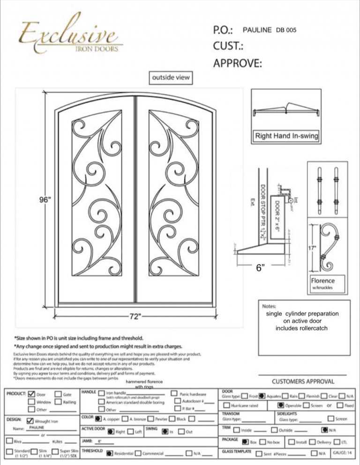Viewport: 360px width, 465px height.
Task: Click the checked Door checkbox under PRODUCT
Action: pyautogui.click(x=32, y=394)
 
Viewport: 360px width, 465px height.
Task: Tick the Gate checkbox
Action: pyautogui.click(x=59, y=394)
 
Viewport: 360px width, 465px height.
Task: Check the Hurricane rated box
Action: pyautogui.click(x=226, y=405)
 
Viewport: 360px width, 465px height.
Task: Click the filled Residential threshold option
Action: pyautogui.click(x=109, y=453)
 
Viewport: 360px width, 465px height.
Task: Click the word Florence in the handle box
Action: pyautogui.click(x=323, y=281)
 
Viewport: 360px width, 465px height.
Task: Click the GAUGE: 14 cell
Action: pyautogui.click(x=343, y=453)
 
